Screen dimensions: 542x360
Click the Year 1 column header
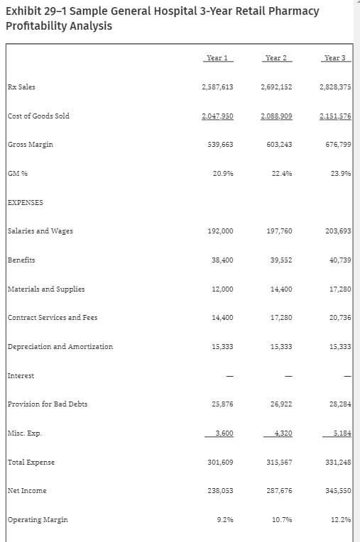[217, 57]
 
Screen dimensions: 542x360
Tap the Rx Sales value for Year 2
[277, 87]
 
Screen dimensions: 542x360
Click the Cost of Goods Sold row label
[38, 116]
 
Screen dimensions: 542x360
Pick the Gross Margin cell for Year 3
[337, 145]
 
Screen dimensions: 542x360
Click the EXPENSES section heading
[25, 202]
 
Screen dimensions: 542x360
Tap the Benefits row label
[21, 260]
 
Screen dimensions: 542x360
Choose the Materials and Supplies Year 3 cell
[340, 289]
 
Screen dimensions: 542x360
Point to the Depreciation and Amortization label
[60, 346]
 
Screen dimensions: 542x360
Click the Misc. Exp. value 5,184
[342, 433]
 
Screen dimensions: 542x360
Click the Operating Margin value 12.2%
[341, 520]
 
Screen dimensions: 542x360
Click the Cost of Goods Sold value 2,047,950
[218, 116]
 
